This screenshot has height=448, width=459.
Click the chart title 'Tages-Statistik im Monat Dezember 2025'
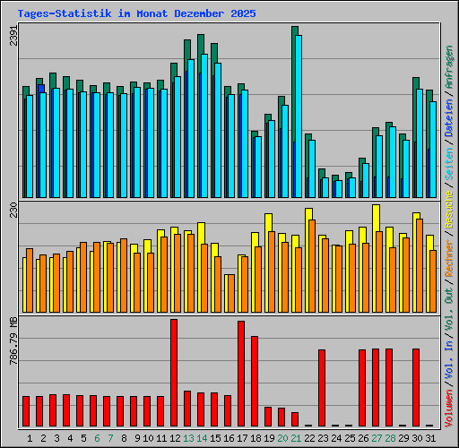tap(136, 13)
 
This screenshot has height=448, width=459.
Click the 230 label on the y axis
tap(13, 211)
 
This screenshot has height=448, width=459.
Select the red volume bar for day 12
tap(174, 372)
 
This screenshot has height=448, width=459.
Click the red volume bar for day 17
tap(241, 373)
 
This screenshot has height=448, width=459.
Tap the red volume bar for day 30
tap(416, 386)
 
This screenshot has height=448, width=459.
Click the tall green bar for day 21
tap(293, 90)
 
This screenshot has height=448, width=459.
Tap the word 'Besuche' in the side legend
tap(448, 205)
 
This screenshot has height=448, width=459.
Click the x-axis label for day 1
tap(30, 438)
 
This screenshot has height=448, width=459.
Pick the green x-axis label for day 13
tap(188, 438)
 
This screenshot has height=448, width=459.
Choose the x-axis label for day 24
tap(335, 438)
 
